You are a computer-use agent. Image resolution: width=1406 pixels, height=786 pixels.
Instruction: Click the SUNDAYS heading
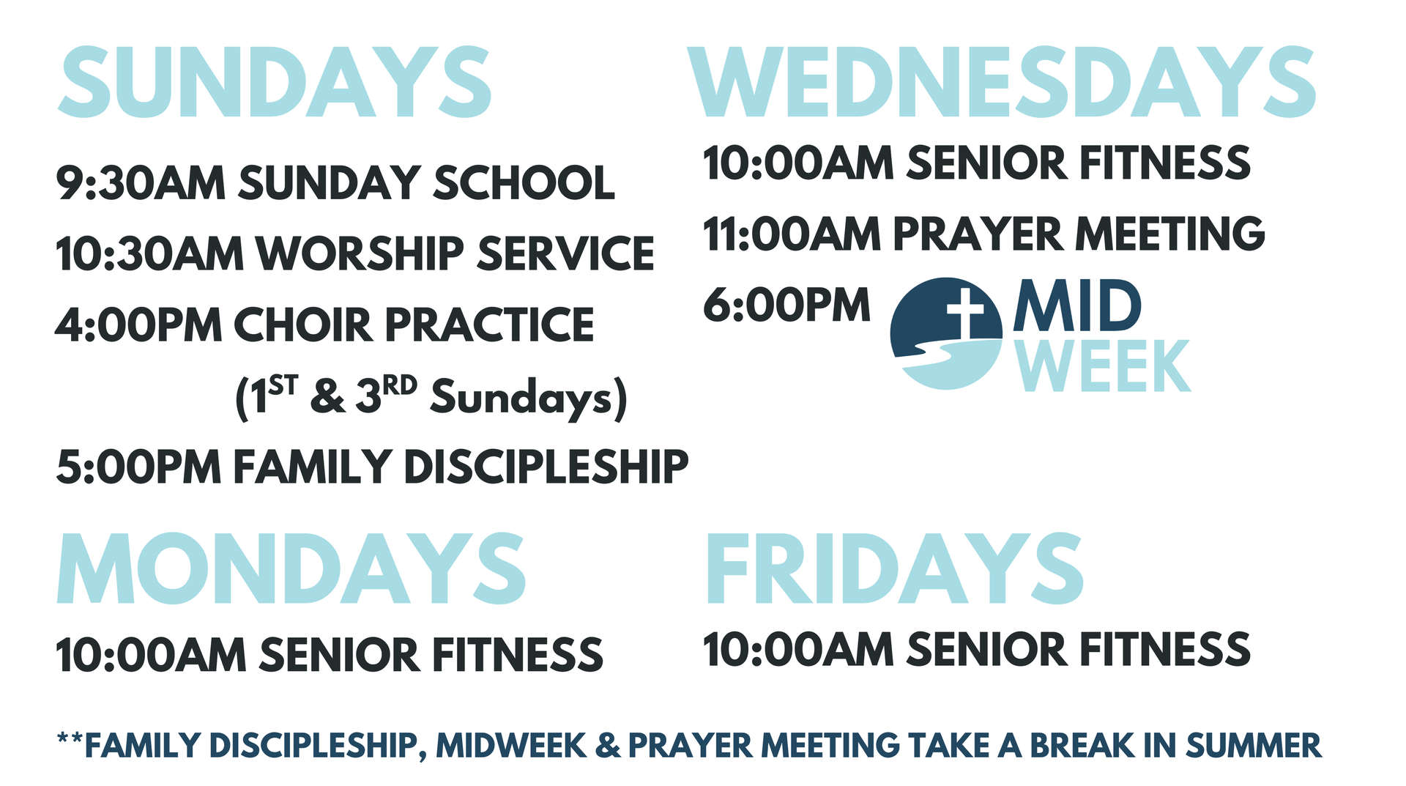275,82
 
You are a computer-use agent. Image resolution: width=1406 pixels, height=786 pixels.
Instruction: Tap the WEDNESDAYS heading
1002,82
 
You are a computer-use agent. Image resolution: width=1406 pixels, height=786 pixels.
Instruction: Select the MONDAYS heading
291,568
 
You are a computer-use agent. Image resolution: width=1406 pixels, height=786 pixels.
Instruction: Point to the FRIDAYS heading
894,568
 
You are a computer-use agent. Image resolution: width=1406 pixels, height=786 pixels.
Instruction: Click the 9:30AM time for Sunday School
141,182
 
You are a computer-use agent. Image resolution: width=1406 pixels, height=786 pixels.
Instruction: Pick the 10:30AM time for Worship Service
149,253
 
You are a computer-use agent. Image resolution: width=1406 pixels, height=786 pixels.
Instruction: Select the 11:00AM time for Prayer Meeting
792,234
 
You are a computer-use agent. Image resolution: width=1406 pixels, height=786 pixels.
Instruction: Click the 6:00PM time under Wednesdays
786,305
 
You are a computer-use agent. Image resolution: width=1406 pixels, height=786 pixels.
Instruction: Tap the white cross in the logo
966,312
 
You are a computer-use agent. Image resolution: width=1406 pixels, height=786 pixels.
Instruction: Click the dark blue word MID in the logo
1077,305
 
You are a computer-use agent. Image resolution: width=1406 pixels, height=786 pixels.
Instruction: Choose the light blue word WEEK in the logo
1103,366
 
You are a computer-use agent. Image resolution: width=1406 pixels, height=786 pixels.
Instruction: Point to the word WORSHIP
360,253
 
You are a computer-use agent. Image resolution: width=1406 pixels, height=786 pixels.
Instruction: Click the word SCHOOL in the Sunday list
524,182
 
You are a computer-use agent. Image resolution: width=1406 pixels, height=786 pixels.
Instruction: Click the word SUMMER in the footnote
1254,746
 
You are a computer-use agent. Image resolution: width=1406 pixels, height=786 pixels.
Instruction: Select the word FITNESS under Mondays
518,654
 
